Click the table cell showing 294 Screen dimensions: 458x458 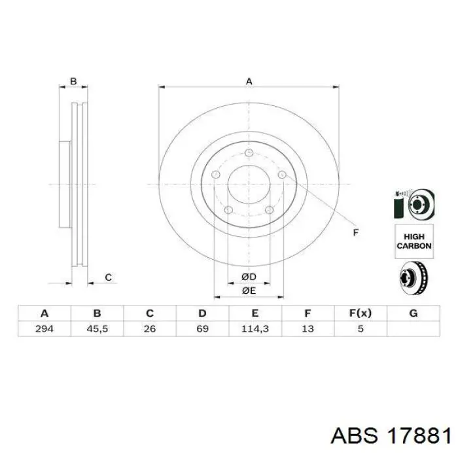pyautogui.click(x=44, y=328)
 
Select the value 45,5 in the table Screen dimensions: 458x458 pyautogui.click(x=97, y=328)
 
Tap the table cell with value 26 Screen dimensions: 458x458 pyautogui.click(x=150, y=328)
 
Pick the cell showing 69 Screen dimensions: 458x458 pyautogui.click(x=202, y=328)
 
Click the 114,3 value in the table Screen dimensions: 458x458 pyautogui.click(x=255, y=328)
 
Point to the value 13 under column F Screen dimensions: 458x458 pyautogui.click(x=308, y=328)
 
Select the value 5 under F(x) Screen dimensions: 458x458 pyautogui.click(x=361, y=328)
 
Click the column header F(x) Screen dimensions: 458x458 pyautogui.click(x=361, y=313)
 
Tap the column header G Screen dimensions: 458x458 pyautogui.click(x=413, y=313)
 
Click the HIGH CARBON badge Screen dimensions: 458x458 pyautogui.click(x=414, y=241)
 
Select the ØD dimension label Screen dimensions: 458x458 pyautogui.click(x=249, y=277)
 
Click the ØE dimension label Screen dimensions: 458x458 pyautogui.click(x=249, y=290)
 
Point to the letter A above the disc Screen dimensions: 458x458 pyautogui.click(x=249, y=82)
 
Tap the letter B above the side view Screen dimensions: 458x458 pyautogui.click(x=74, y=82)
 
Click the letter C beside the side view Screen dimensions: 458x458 pyautogui.click(x=109, y=278)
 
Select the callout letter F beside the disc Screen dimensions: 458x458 pyautogui.click(x=356, y=232)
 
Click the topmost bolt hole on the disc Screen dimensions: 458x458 pyautogui.click(x=249, y=153)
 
